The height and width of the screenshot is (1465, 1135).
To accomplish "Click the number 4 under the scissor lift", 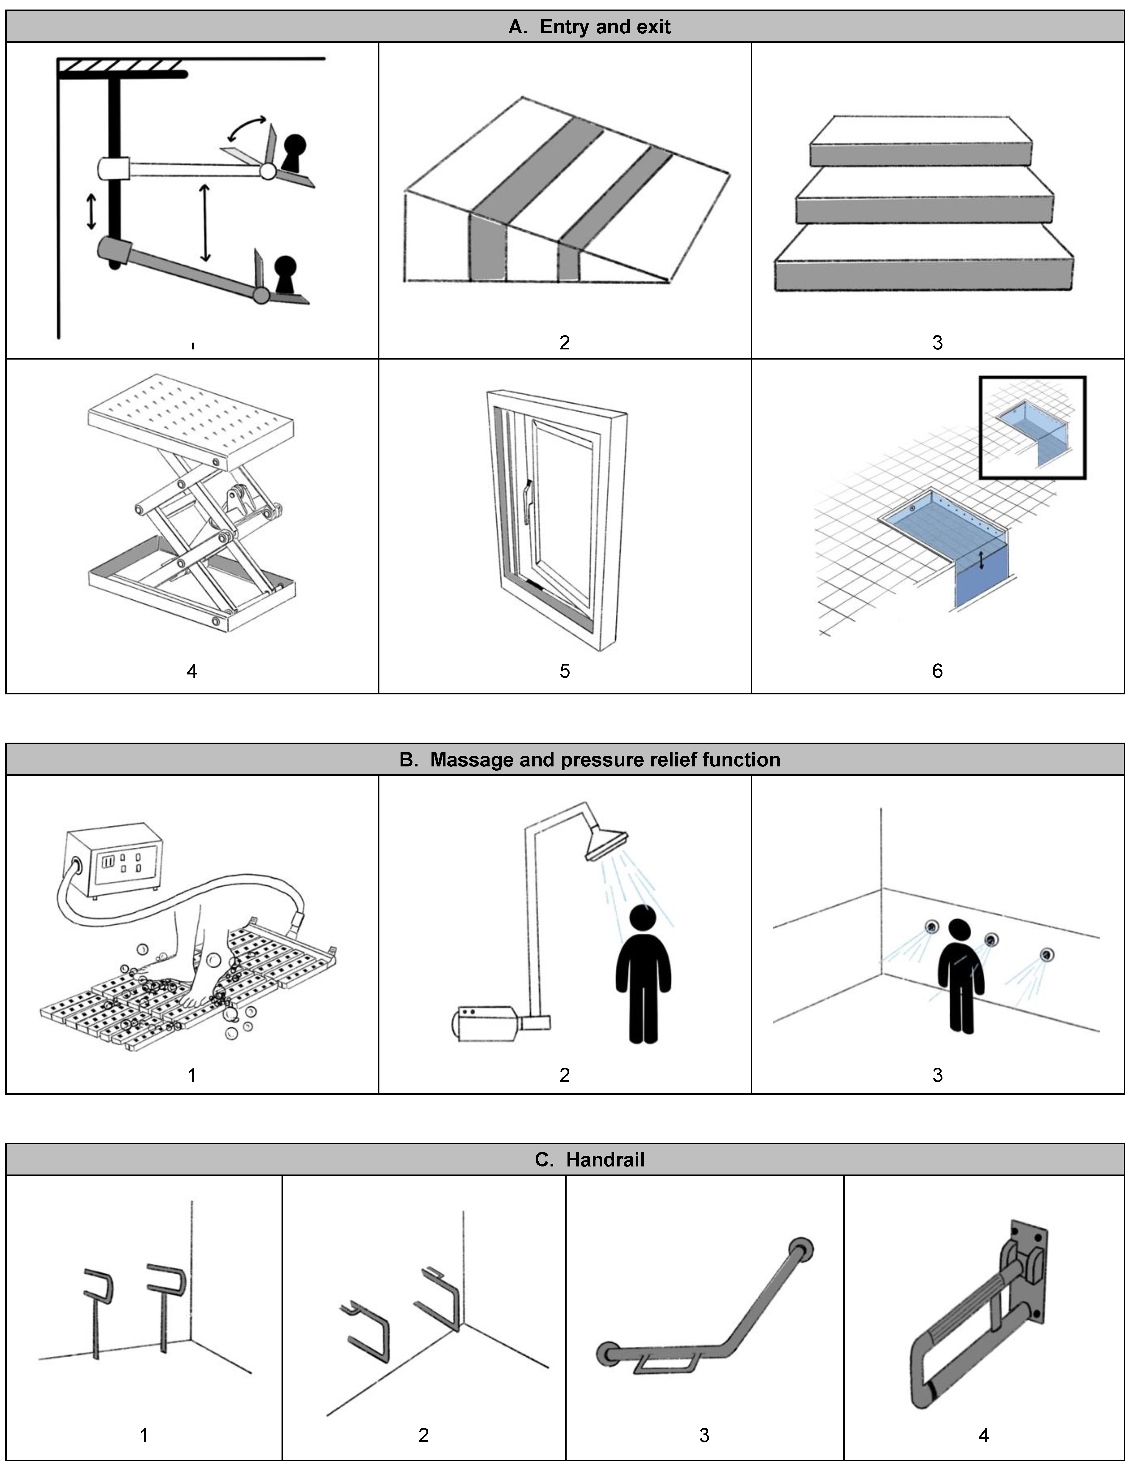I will point(192,671).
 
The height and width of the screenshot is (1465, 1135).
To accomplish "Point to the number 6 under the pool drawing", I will point(937,671).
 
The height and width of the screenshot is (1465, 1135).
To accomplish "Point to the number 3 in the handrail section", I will point(704,1435).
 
